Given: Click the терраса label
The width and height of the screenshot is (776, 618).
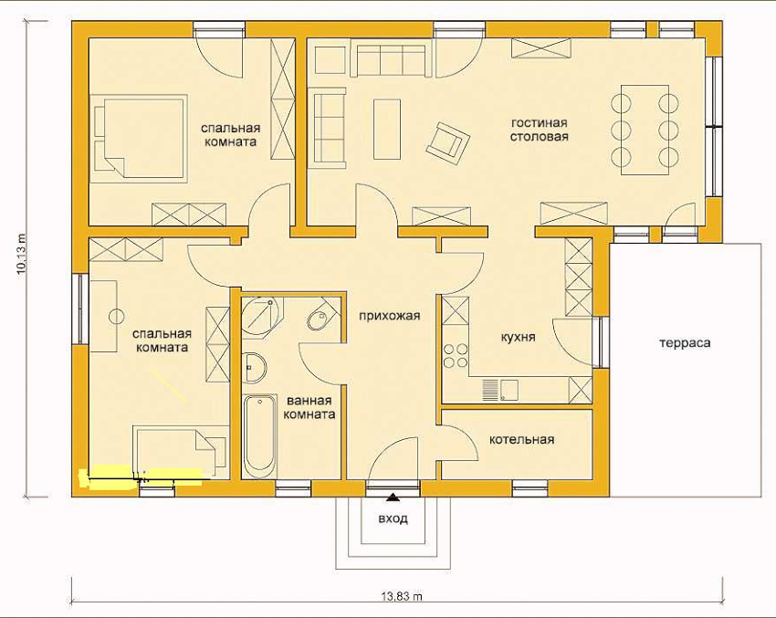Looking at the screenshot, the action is coord(685,343).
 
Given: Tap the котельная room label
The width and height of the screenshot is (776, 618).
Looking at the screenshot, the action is coord(521,439).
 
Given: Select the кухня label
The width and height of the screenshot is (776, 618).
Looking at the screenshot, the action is coord(519,337).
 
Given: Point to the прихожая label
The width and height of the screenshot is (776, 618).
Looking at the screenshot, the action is coord(390,316).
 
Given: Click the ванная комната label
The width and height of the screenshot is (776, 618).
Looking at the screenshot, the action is coord(309,407).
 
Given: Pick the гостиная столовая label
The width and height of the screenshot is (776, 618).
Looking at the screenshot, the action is coord(539,130).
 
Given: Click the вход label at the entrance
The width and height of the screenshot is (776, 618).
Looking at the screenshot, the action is coord(393,518).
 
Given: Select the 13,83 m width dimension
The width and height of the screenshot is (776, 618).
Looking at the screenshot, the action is coord(402,596).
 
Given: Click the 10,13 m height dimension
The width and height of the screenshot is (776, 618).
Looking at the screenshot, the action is coord(22,253).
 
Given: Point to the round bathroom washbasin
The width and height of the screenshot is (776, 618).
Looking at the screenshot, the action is coord(255,368).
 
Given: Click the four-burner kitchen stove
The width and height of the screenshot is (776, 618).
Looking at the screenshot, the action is coord(456,355).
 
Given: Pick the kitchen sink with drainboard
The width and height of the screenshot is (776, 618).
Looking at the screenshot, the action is coord(499,390).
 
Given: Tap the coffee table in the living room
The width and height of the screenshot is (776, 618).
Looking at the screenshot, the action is coord(387,129).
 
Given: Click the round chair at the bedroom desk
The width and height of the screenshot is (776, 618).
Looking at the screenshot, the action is coord(117,316).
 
